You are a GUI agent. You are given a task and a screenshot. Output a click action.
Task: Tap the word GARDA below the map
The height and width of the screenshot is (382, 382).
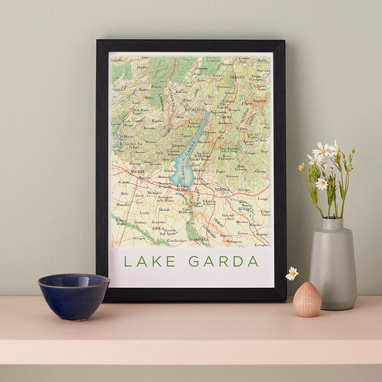coord(223,261)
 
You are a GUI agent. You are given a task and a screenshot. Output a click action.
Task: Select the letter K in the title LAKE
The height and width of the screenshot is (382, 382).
coord(153,261)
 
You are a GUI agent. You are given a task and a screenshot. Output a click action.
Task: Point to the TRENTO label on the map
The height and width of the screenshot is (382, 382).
coord(237,77)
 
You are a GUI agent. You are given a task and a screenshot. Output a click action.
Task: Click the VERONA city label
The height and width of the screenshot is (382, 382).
coord(223,189)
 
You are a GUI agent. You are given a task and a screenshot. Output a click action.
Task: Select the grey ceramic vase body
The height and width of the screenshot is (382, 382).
coord(332,272)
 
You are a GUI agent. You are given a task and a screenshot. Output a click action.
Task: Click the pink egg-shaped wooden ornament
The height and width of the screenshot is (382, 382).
coord(307,300)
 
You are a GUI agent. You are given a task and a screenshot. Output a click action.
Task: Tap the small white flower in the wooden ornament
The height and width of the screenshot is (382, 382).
coord(292,273)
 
